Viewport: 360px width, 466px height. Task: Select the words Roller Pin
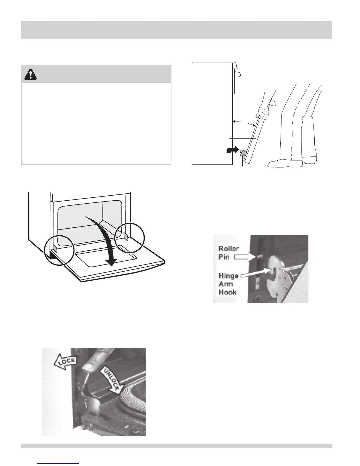pyautogui.click(x=229, y=252)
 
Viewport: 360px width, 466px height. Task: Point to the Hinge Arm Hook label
pyautogui.click(x=228, y=284)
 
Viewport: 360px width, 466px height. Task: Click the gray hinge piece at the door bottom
pyautogui.click(x=243, y=153)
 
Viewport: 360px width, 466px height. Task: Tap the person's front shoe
pyautogui.click(x=279, y=163)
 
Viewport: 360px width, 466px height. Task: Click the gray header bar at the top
pyautogui.click(x=176, y=30)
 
